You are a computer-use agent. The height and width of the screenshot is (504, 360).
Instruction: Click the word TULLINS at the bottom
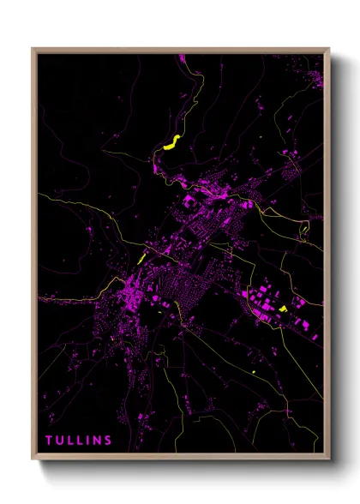(x=79, y=441)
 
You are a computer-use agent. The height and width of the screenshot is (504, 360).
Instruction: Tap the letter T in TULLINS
(x=50, y=441)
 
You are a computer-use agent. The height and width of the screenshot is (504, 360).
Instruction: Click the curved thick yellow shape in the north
(x=171, y=142)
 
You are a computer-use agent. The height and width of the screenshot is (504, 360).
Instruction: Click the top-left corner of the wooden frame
(x=33, y=49)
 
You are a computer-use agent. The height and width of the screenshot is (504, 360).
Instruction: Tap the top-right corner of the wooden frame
(x=327, y=49)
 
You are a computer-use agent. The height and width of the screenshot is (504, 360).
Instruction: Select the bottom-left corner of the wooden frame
(x=33, y=459)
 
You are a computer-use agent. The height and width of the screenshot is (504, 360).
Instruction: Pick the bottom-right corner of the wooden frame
(x=327, y=459)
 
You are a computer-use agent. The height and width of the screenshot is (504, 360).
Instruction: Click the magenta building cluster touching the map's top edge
(x=182, y=57)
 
